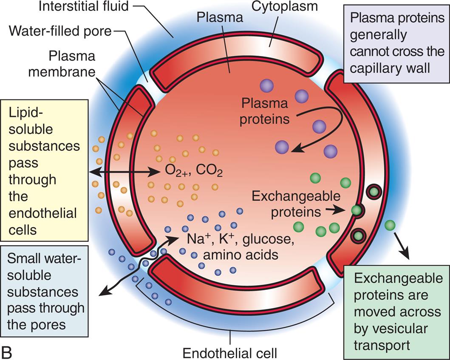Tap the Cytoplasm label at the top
284,7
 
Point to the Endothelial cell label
230,352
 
